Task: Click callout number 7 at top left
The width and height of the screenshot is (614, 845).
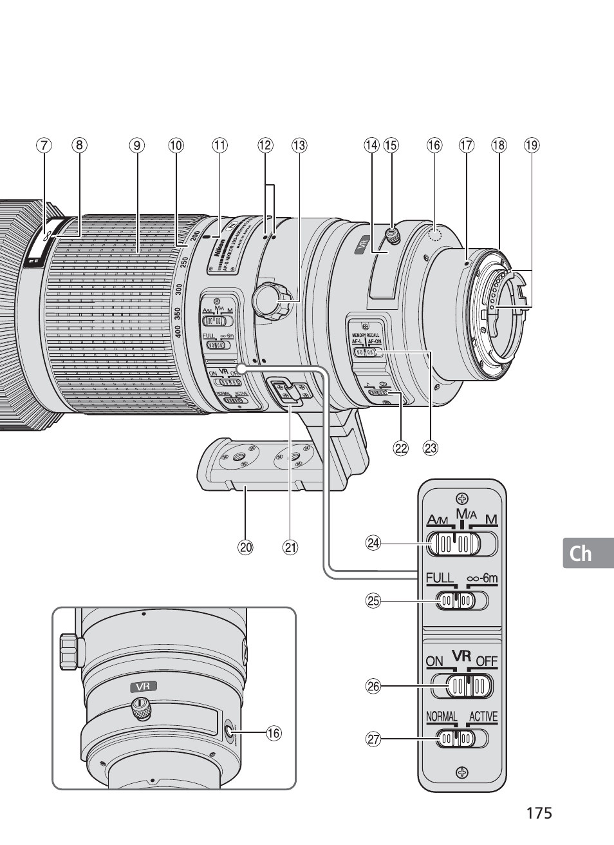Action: click(x=43, y=146)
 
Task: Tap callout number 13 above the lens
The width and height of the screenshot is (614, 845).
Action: click(x=299, y=146)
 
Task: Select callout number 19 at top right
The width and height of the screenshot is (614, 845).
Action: click(x=531, y=146)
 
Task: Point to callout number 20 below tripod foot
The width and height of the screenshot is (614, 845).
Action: click(x=245, y=548)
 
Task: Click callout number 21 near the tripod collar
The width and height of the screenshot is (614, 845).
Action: click(x=291, y=548)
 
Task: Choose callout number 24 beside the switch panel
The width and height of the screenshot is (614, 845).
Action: click(x=373, y=543)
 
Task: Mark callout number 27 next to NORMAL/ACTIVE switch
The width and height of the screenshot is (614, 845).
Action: click(x=373, y=739)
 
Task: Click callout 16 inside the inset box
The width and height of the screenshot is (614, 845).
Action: click(x=274, y=733)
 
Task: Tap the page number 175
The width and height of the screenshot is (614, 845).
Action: click(x=539, y=813)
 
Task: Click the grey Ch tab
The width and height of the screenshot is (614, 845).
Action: click(x=581, y=553)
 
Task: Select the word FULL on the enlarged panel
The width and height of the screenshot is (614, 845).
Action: click(x=440, y=578)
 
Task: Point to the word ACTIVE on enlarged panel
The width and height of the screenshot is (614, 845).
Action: click(x=483, y=717)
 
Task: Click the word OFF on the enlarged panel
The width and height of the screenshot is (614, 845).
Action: click(x=487, y=661)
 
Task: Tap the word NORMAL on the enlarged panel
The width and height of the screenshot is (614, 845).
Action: click(x=442, y=717)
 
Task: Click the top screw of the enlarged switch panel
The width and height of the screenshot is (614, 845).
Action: click(x=461, y=497)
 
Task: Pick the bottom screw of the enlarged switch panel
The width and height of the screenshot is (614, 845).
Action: click(x=461, y=772)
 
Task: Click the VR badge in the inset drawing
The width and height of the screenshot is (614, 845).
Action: click(x=143, y=687)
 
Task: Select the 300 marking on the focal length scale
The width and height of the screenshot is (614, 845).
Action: click(x=180, y=290)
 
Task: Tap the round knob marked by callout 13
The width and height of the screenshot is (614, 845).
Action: click(x=266, y=298)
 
